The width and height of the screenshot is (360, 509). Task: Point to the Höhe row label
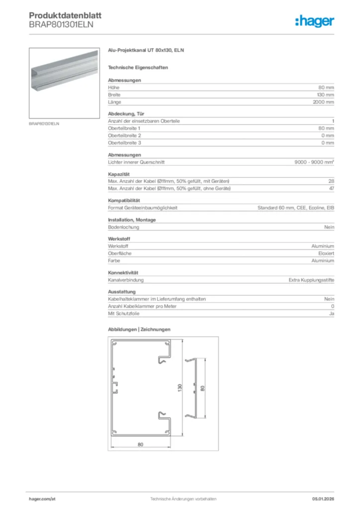point(114,87)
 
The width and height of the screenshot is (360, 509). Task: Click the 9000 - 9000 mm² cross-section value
point(314,162)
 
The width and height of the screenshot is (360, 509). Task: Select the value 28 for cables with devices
point(331,180)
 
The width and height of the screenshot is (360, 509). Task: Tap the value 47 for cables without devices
point(331,188)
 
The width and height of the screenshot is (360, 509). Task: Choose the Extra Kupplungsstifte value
point(311,280)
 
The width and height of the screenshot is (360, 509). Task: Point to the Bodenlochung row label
point(123,227)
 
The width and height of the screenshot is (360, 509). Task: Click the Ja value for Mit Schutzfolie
point(331,314)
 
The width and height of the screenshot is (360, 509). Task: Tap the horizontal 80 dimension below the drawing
point(141,444)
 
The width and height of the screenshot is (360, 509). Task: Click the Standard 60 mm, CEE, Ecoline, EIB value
point(295,208)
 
